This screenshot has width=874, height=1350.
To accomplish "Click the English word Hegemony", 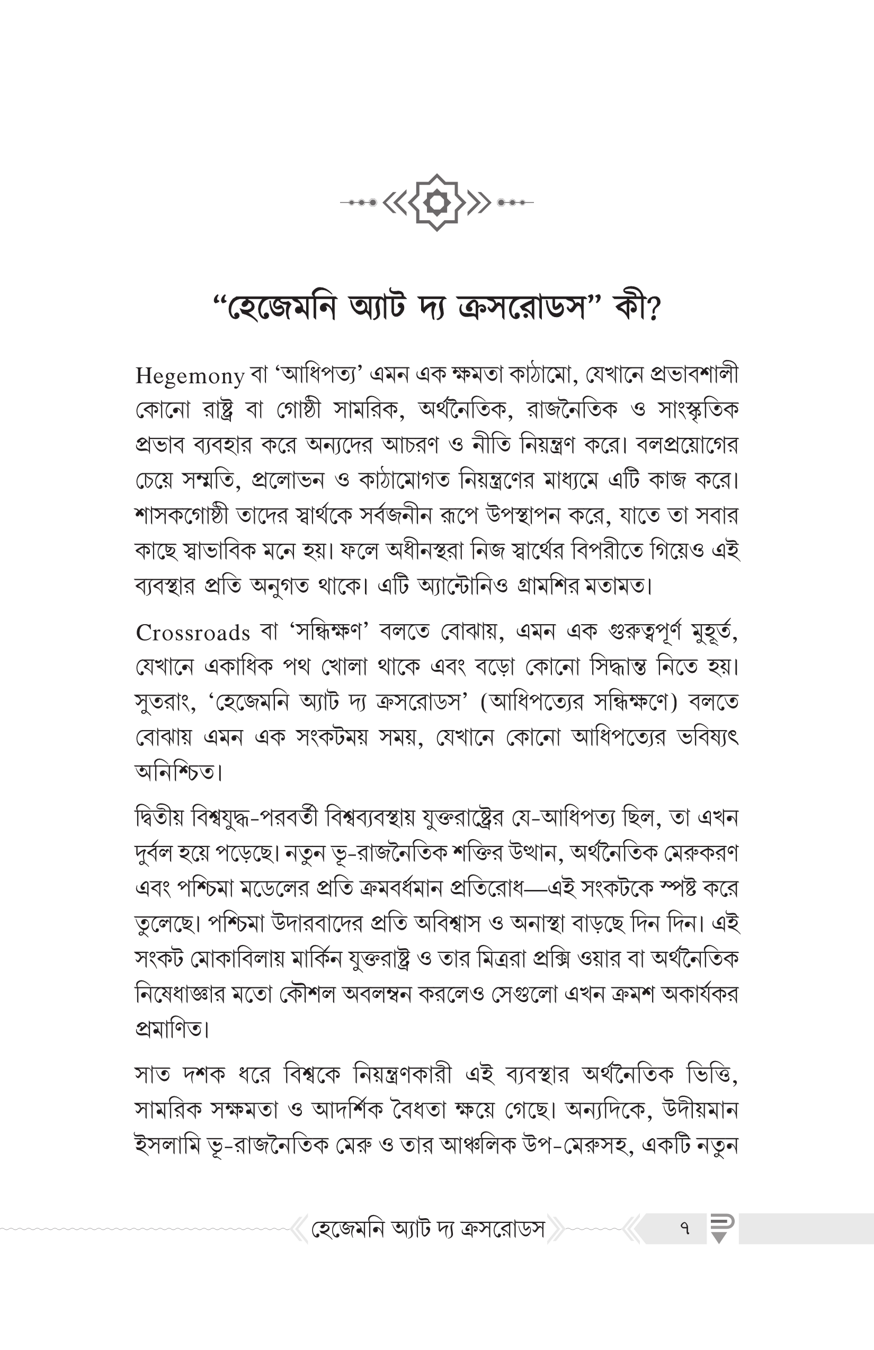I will tap(190, 376).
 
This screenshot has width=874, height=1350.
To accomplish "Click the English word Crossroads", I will tap(193, 633).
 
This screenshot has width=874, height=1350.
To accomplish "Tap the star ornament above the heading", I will tap(437, 202).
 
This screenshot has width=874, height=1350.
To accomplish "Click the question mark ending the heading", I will tap(653, 310).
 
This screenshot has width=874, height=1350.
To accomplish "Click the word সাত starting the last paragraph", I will tap(151, 1075).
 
